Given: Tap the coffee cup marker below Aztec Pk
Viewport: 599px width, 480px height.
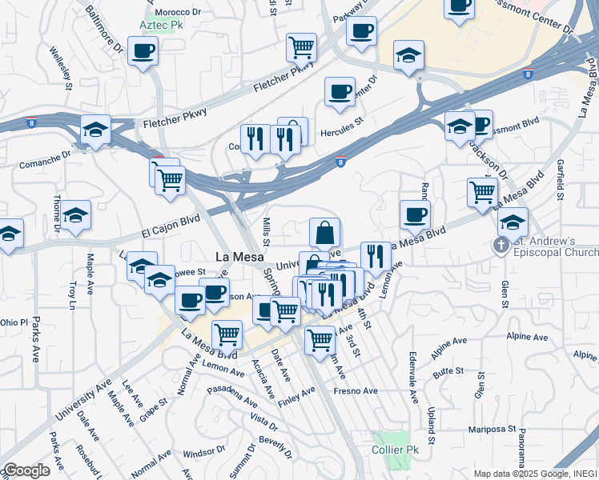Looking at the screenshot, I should pyautogui.click(x=143, y=52).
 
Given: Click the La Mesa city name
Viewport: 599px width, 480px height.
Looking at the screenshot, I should pyautogui.click(x=236, y=258).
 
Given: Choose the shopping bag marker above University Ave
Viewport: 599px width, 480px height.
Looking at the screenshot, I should pyautogui.click(x=325, y=233).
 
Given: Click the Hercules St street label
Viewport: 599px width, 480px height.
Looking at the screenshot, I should pyautogui.click(x=342, y=128).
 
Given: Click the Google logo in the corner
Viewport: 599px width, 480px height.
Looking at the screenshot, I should pyautogui.click(x=26, y=470).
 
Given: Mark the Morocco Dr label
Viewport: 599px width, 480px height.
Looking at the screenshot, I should pyautogui.click(x=179, y=13).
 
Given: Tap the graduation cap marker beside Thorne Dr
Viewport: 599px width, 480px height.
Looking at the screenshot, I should pyautogui.click(x=76, y=215).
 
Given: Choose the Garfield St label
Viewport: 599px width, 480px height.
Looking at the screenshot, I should pyautogui.click(x=562, y=182).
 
